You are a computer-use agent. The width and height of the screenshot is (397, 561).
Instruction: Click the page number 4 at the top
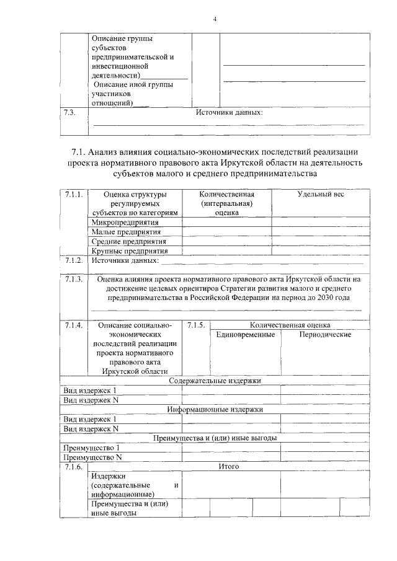[x=215, y=19]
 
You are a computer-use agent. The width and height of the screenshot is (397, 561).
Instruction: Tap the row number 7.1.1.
[x=74, y=195]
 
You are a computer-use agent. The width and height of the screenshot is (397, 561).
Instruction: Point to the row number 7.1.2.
[x=74, y=260]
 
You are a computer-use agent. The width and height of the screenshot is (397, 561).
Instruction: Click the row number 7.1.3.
[x=74, y=280]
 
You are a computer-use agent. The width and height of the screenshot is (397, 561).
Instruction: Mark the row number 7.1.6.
[x=74, y=466]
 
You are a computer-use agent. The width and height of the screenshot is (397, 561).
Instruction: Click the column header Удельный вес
[x=320, y=195]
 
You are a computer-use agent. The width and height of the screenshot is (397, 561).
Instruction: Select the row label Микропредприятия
[x=125, y=221]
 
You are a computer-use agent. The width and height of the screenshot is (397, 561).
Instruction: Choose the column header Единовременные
[x=246, y=335]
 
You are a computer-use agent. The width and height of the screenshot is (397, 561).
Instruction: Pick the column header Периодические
[x=325, y=335]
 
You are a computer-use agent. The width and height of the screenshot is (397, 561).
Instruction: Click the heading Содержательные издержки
[x=215, y=381]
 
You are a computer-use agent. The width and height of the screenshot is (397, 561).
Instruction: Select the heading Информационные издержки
[x=215, y=410]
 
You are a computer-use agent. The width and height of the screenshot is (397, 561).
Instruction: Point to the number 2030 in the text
[x=327, y=298]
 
